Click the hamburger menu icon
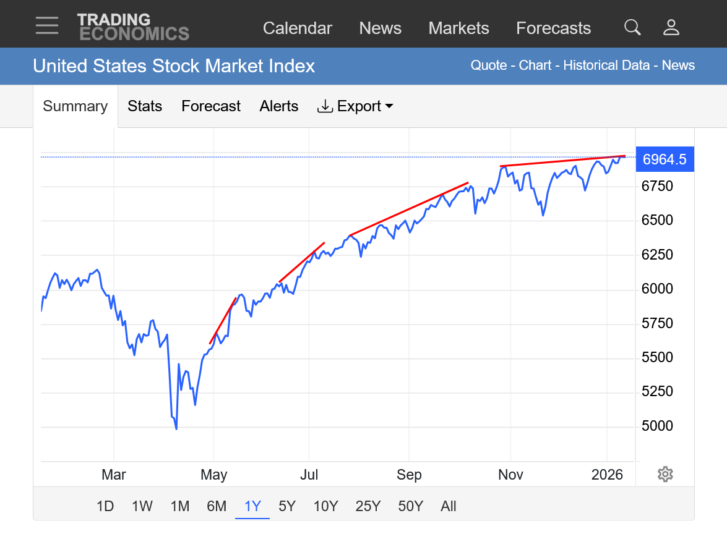pyautogui.click(x=47, y=25)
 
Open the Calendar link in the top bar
pyautogui.click(x=298, y=28)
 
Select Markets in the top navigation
pyautogui.click(x=458, y=28)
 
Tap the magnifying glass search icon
pyautogui.click(x=632, y=27)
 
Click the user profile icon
pyautogui.click(x=671, y=27)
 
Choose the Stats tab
pyautogui.click(x=145, y=106)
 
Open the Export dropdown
pyautogui.click(x=355, y=106)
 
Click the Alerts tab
pyautogui.click(x=278, y=106)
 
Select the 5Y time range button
pyautogui.click(x=287, y=506)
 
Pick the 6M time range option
pyautogui.click(x=217, y=506)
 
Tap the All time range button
pyautogui.click(x=449, y=506)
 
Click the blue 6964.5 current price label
pyautogui.click(x=665, y=159)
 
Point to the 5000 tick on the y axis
pyautogui.click(x=656, y=426)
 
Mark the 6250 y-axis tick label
pyautogui.click(x=656, y=255)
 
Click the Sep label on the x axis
pyautogui.click(x=409, y=475)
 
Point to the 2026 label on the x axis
pyautogui.click(x=607, y=475)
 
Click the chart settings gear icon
pyautogui.click(x=665, y=474)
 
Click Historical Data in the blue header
pyautogui.click(x=606, y=66)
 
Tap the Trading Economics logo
pyautogui.click(x=133, y=27)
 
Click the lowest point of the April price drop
pyautogui.click(x=176, y=429)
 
